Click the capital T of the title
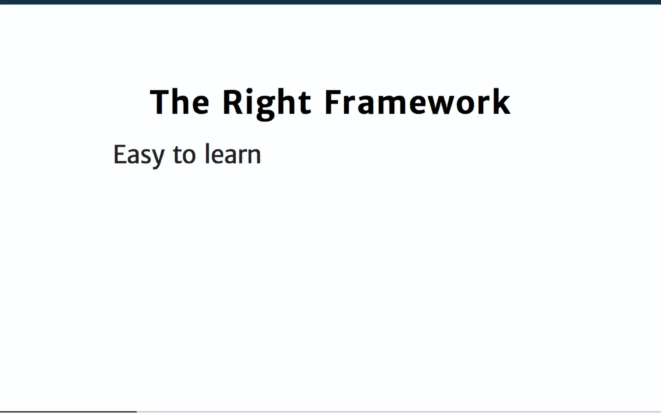(x=160, y=102)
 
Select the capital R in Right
(x=233, y=102)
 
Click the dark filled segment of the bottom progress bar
(x=68, y=412)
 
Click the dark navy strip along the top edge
(x=330, y=2)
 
